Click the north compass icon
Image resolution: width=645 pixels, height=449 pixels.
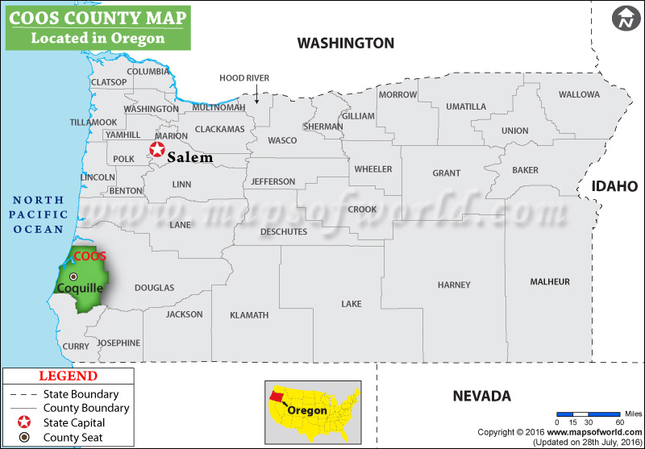[624, 19]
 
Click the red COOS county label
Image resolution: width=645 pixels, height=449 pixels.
[89, 256]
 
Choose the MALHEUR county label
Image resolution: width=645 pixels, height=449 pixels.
[550, 281]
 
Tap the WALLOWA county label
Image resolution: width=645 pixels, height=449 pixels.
[579, 94]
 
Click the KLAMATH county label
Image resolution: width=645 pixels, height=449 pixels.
[248, 314]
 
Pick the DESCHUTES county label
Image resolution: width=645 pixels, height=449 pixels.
[284, 231]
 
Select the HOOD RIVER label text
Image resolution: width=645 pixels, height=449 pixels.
[244, 77]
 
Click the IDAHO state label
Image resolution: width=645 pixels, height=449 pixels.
[615, 186]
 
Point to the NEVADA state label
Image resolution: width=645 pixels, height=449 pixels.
[481, 396]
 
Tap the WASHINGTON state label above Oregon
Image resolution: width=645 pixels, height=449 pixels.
[345, 43]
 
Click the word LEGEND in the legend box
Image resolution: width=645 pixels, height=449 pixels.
[68, 376]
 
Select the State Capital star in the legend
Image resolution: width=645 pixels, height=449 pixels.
[25, 422]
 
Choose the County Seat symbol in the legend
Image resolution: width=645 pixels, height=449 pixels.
[25, 438]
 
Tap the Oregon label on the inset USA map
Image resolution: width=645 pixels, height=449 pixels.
[308, 410]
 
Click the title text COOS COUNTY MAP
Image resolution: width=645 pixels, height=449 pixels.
[97, 18]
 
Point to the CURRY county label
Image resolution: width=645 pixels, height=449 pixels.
[76, 347]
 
